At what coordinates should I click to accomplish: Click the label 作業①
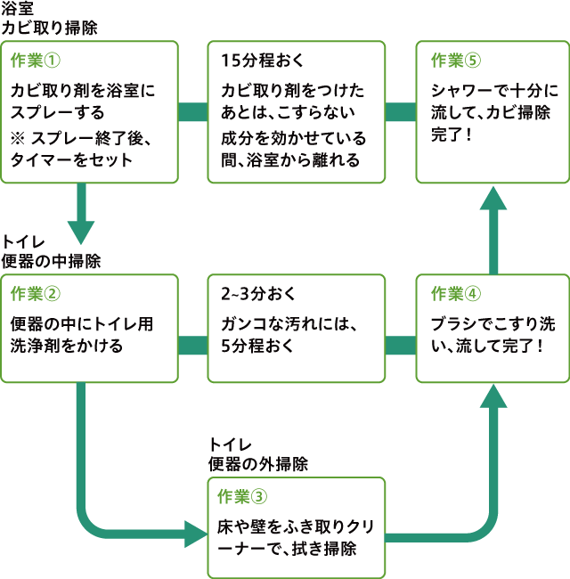coord(36,61)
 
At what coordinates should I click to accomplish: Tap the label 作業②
coord(36,293)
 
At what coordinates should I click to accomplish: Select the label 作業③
coord(242,495)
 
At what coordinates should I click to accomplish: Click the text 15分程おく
coord(262,61)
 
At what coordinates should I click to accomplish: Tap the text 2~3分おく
coord(258,293)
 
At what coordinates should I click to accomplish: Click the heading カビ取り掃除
coord(50,28)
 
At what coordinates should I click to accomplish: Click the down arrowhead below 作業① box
coord(81,231)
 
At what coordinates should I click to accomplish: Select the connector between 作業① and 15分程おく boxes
coord(192,112)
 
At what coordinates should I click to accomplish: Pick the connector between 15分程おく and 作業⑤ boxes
coord(400,112)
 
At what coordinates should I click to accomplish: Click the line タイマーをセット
coord(71,159)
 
